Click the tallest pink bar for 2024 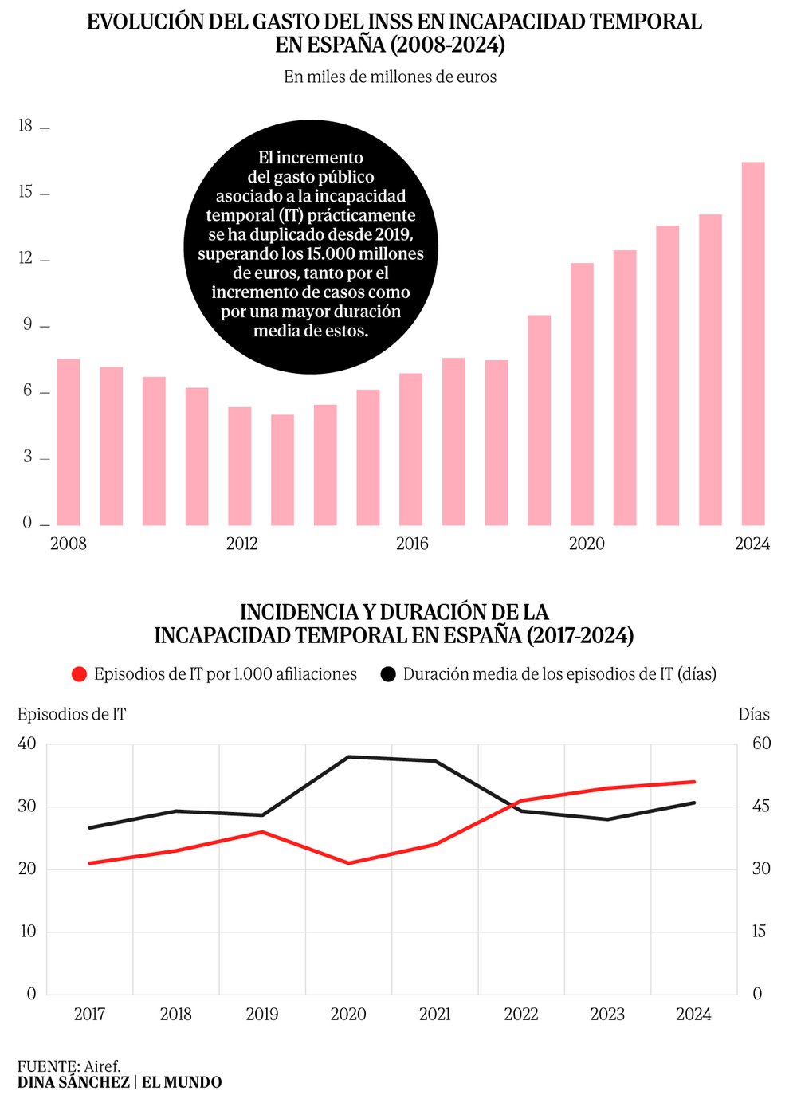click(753, 343)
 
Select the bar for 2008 click(69, 442)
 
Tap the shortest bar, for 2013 click(282, 469)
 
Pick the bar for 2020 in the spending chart click(582, 394)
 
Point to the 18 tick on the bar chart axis click(26, 126)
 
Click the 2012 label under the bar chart click(241, 544)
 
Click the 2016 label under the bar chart click(412, 544)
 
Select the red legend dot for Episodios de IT click(79, 674)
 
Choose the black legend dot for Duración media click(388, 674)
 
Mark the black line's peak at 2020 click(349, 756)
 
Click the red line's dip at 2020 click(349, 863)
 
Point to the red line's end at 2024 click(694, 782)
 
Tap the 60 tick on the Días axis click(761, 744)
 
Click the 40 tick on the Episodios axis click(27, 744)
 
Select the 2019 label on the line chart click(262, 1015)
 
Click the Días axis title click(753, 714)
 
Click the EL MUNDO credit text click(182, 1082)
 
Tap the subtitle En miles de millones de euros click(390, 77)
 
